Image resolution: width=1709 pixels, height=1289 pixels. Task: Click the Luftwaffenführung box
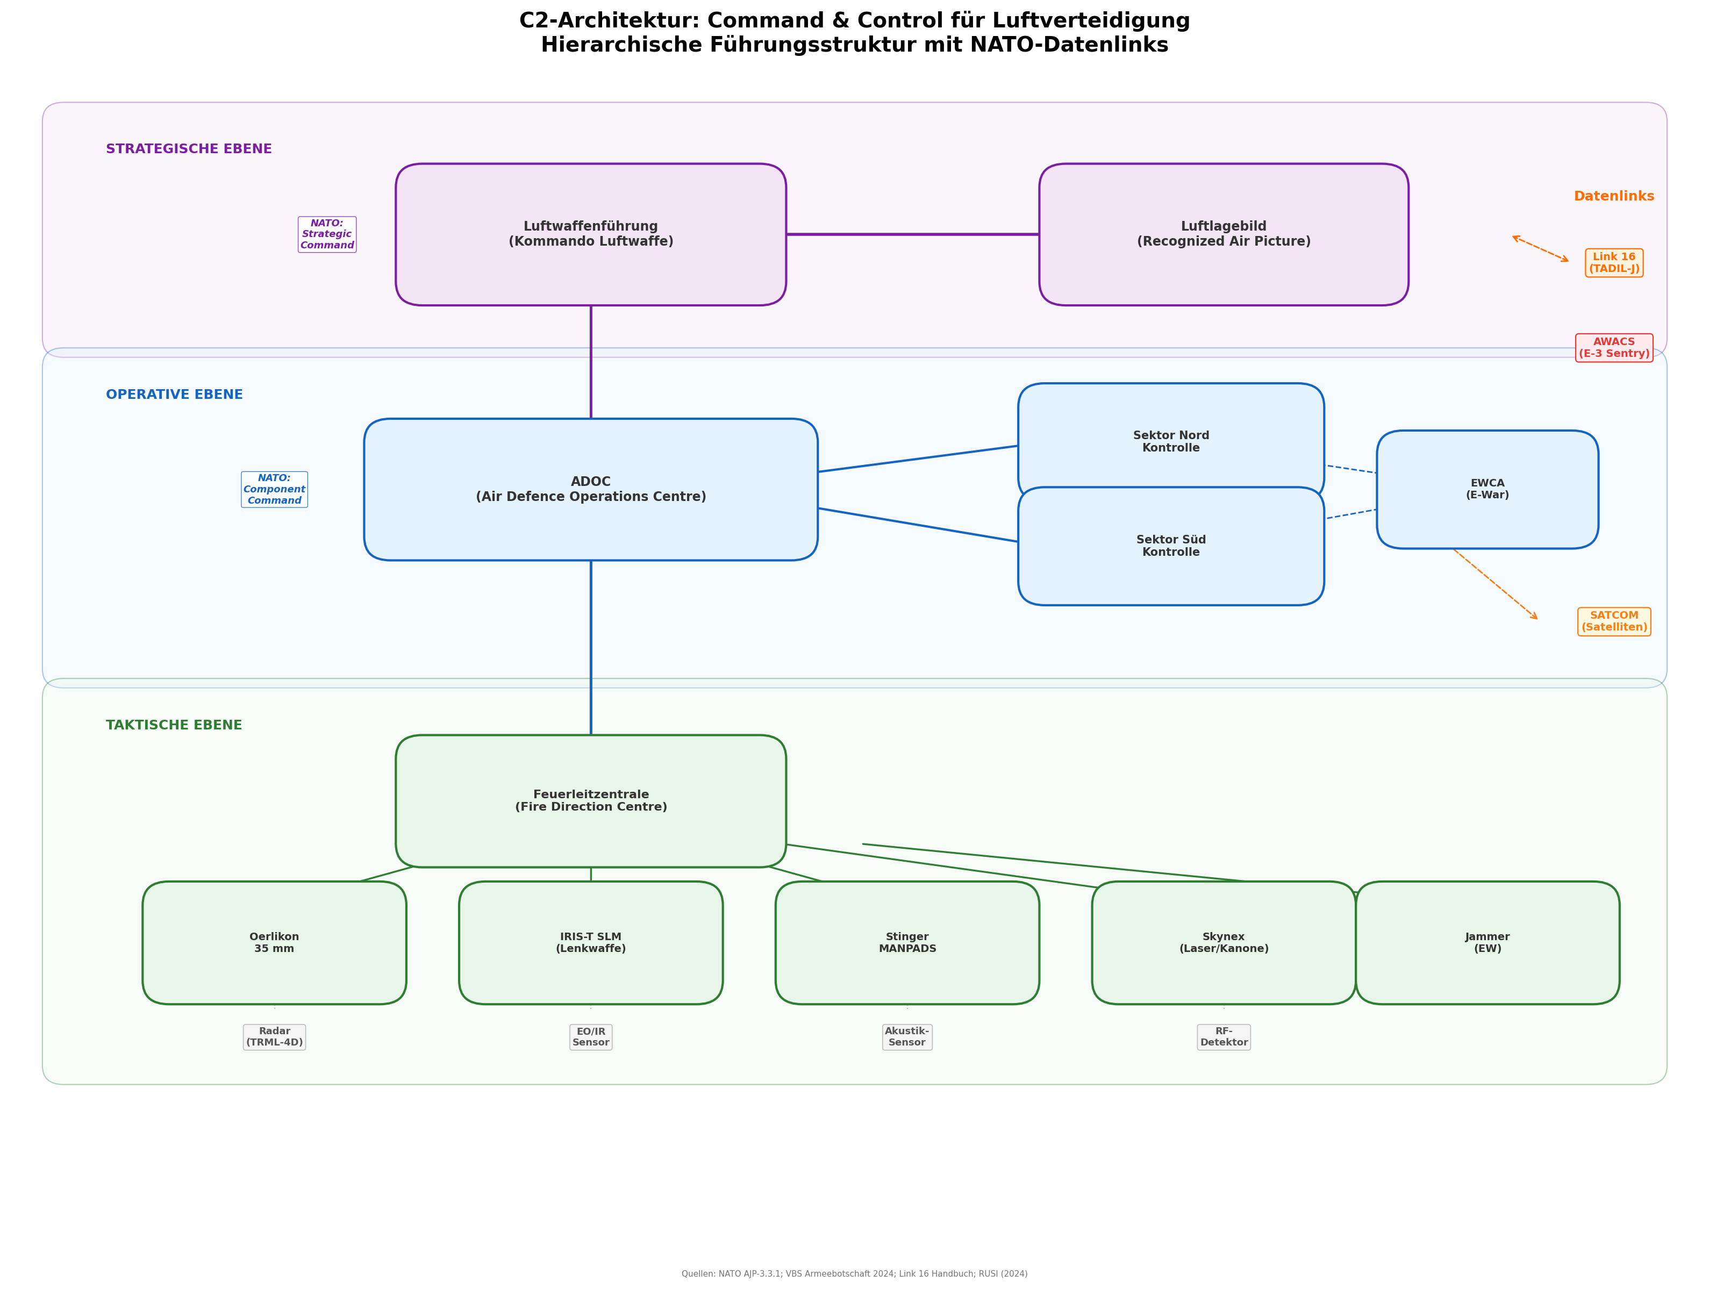click(590, 234)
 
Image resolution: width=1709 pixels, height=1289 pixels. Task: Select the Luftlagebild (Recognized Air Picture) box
click(1223, 234)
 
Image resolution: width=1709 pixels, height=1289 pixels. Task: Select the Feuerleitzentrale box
click(590, 800)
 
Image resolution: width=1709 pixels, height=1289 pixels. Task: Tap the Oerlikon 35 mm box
click(274, 942)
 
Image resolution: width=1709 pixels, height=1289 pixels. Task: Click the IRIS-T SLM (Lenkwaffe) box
click(590, 942)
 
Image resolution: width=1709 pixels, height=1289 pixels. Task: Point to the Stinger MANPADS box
click(907, 942)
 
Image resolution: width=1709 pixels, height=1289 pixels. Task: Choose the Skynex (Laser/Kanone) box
click(1223, 942)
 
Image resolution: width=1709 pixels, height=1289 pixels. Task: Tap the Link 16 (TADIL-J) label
click(1613, 263)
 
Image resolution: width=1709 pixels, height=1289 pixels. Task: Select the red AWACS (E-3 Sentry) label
click(1613, 348)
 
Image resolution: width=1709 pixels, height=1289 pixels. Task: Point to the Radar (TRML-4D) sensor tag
click(274, 1036)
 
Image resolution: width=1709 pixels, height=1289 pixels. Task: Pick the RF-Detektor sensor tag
click(1223, 1036)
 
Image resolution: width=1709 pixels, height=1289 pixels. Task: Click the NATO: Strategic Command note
click(327, 234)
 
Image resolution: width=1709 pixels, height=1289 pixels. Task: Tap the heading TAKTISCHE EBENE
click(174, 725)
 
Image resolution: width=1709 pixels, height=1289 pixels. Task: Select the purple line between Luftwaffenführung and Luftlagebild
click(912, 234)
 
